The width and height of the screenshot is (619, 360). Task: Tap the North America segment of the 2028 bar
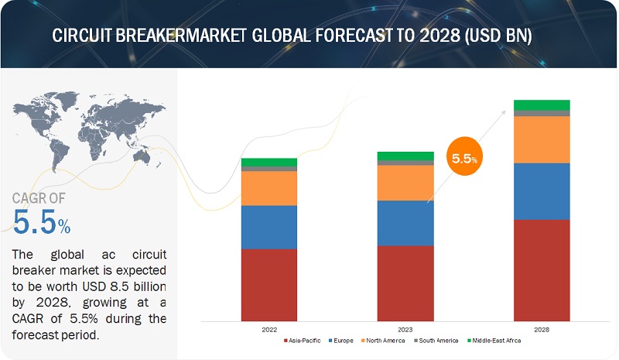542,139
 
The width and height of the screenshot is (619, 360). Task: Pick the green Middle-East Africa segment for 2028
542,105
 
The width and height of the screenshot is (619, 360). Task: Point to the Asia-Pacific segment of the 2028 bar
542,269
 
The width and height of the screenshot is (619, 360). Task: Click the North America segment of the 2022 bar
268,188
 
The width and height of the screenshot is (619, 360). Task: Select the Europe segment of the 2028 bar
542,191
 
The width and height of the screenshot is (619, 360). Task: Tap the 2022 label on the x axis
268,328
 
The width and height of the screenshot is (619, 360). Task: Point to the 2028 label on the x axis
542,328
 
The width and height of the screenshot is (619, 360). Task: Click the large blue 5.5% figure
41,223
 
